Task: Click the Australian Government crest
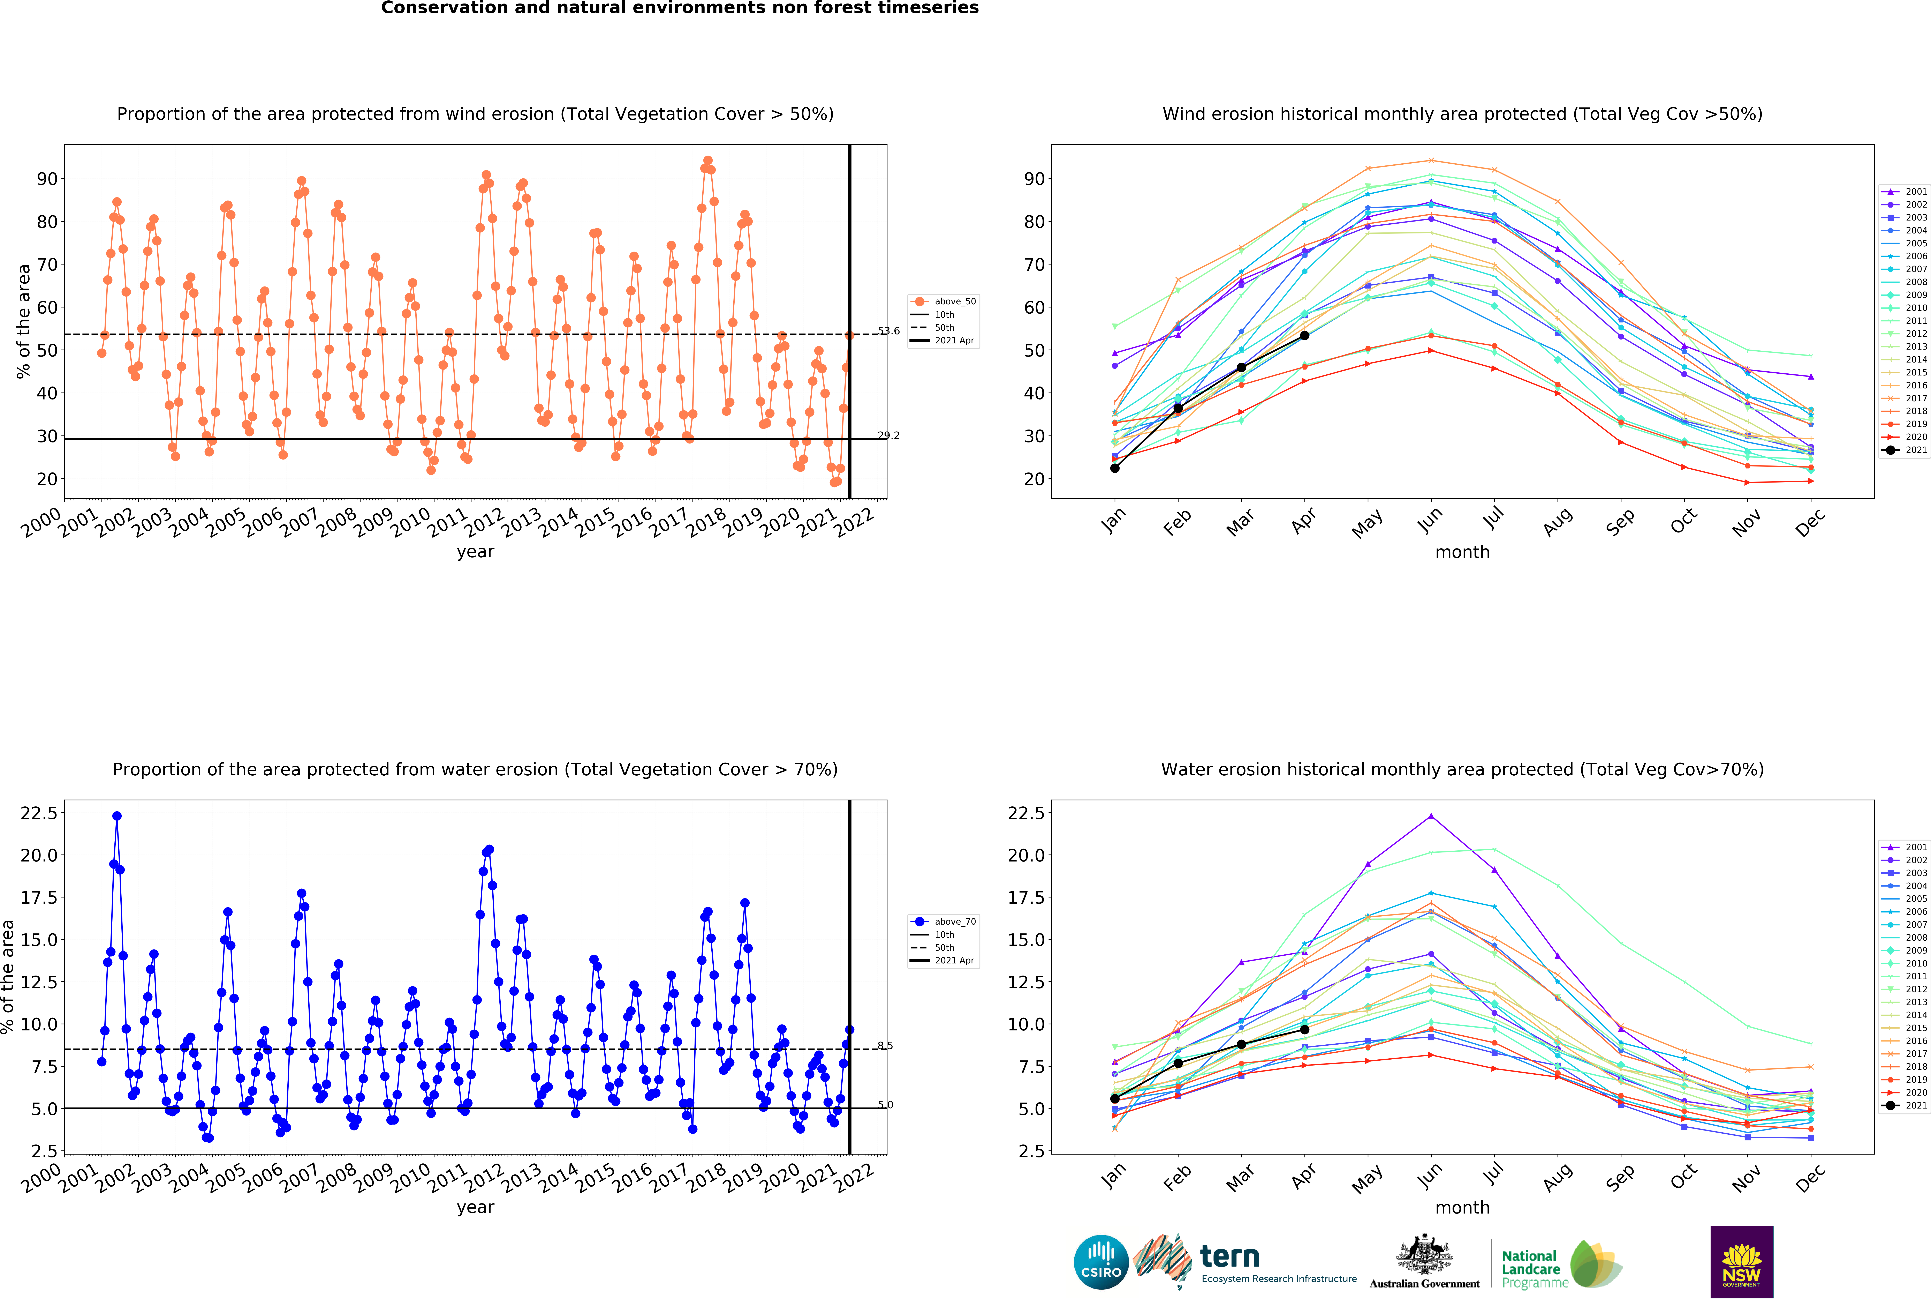click(x=1424, y=1255)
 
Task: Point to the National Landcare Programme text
click(x=1534, y=1269)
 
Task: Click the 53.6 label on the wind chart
click(x=888, y=331)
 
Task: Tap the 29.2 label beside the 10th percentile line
click(x=888, y=435)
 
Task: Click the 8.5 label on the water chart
click(x=885, y=1045)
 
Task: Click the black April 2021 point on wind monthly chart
click(x=1304, y=336)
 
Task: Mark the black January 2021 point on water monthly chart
click(x=1115, y=1099)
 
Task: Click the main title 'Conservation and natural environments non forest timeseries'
click(x=680, y=8)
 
